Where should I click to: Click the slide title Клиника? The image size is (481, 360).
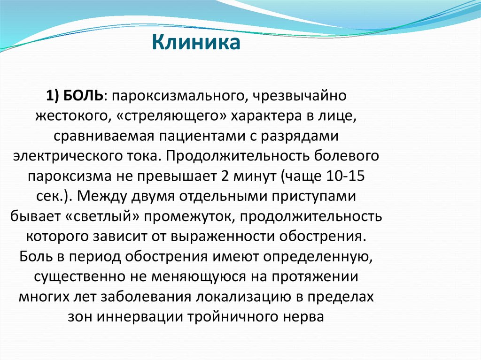(196, 42)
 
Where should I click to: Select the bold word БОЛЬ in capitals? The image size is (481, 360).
(84, 96)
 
